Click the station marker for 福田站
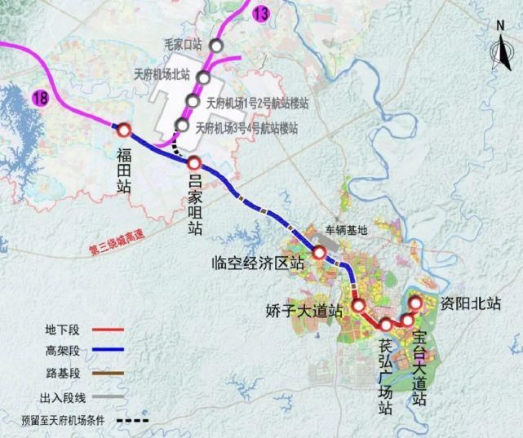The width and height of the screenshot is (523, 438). click(x=124, y=130)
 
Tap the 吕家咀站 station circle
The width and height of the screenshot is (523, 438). click(x=194, y=162)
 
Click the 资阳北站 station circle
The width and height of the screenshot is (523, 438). click(x=414, y=303)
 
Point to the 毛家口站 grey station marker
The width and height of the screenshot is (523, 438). click(x=215, y=46)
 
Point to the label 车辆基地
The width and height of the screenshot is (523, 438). click(x=347, y=231)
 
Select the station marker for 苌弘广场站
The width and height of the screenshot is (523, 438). click(x=386, y=326)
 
